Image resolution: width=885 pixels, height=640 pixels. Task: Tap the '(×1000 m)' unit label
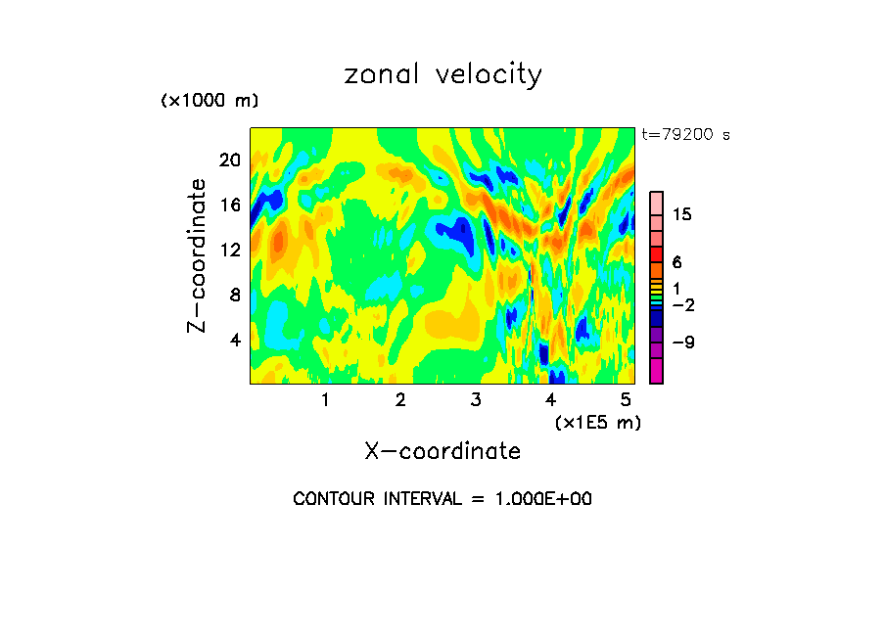(x=210, y=101)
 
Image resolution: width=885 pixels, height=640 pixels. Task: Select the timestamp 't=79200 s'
(x=686, y=135)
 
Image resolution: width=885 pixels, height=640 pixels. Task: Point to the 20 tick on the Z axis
(x=229, y=160)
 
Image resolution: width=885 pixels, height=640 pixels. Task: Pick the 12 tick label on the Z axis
(x=229, y=250)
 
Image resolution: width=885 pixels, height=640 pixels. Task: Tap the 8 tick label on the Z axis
(x=235, y=295)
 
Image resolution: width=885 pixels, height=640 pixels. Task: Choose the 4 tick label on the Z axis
(x=235, y=340)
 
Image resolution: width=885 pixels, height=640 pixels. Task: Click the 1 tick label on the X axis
(x=325, y=400)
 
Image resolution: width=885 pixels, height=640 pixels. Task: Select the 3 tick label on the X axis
(x=476, y=400)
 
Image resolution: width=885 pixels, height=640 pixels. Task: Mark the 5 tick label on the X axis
(x=626, y=400)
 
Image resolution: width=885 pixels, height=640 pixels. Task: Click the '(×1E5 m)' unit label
(x=598, y=422)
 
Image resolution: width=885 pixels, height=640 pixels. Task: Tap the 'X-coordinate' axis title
(x=442, y=451)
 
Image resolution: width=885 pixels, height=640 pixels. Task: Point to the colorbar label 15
(x=682, y=215)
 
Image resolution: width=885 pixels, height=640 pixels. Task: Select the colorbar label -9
(x=682, y=343)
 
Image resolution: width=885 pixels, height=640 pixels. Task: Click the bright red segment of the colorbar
(x=657, y=254)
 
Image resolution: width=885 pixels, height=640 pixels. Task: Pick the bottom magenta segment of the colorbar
(x=657, y=371)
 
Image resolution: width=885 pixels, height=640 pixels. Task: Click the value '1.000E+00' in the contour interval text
(x=536, y=499)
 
